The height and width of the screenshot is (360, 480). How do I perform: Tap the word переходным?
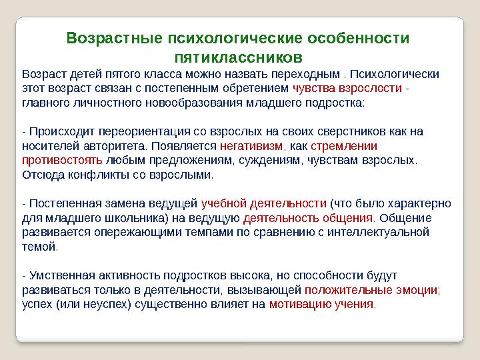click(309, 73)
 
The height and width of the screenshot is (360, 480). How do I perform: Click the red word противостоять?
click(62, 160)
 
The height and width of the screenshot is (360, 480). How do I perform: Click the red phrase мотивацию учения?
click(321, 305)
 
